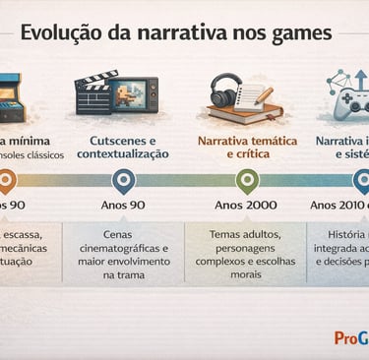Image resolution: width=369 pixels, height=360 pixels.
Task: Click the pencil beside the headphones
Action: point(261,95)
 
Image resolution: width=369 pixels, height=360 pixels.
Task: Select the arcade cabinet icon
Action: point(8,95)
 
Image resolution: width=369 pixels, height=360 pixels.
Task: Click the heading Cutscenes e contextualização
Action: point(123,147)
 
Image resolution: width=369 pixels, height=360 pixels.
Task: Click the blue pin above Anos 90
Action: point(123,180)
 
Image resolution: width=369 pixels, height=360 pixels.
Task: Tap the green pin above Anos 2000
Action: point(247,180)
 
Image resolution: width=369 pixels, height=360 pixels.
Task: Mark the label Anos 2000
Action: point(247,206)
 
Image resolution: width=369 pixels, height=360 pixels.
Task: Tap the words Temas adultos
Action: point(246,234)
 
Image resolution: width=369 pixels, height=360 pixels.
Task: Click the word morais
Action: point(246,274)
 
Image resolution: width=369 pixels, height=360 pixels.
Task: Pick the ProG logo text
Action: point(349,337)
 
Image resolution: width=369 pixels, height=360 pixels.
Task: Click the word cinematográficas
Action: point(123,249)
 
